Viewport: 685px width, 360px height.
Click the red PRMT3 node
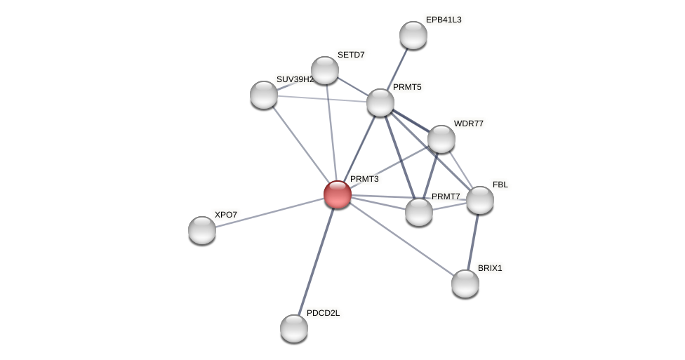pos(338,194)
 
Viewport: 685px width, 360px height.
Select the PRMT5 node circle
pos(380,102)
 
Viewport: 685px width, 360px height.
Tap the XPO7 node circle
pos(202,230)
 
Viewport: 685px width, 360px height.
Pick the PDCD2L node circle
pos(294,328)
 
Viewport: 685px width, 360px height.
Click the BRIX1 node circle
pos(465,284)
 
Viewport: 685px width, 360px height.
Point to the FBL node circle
pos(480,200)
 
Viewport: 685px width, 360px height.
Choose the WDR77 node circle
pos(441,139)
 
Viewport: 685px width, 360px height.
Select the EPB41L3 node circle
pos(413,35)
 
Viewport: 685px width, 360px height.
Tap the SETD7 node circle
pos(325,70)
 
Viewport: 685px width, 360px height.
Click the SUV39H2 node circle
pos(264,95)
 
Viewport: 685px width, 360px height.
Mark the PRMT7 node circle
pos(419,212)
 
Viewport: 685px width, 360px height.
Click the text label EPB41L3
pos(444,20)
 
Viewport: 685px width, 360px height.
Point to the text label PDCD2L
pos(323,313)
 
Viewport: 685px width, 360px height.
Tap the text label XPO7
pos(226,215)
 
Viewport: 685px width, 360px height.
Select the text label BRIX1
pos(490,268)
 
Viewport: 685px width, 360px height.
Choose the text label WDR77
pos(468,124)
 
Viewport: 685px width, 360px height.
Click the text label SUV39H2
pos(295,79)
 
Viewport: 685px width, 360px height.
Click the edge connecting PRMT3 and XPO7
pos(270,212)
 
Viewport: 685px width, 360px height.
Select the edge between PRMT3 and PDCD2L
pos(316,261)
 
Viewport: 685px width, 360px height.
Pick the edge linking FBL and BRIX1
pos(473,241)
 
